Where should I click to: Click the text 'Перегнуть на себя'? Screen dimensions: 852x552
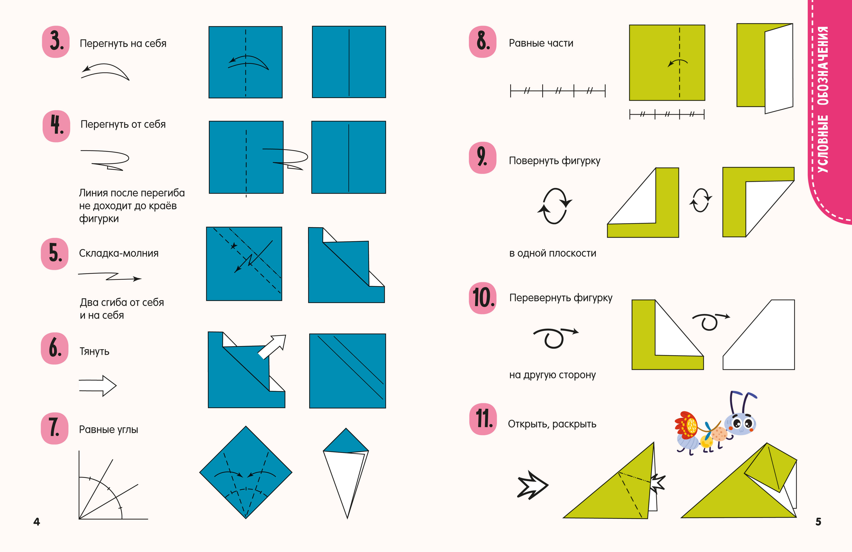(123, 43)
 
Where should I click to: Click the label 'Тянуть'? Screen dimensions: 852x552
(94, 351)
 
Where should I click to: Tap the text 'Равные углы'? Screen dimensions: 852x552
(109, 429)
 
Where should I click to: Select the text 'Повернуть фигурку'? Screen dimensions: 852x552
(555, 161)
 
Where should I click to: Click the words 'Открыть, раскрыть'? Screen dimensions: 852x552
(552, 424)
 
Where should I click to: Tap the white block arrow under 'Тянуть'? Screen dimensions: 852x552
(97, 386)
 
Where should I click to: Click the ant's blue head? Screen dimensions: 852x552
(740, 424)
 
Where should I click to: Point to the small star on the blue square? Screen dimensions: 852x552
(233, 246)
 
